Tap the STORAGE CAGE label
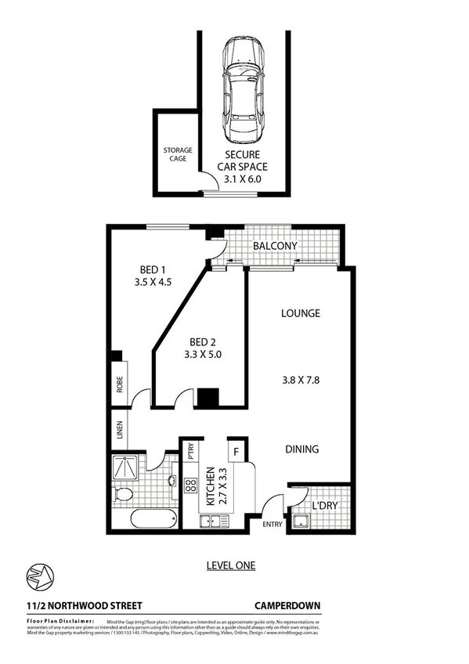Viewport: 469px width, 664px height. point(178,154)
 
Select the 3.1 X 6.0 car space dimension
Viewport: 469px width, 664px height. point(243,179)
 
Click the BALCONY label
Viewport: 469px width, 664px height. point(274,246)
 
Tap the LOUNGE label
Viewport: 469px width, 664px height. point(301,313)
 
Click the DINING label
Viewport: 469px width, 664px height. point(301,449)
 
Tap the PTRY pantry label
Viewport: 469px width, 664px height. point(189,453)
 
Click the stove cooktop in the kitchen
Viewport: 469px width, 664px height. point(189,485)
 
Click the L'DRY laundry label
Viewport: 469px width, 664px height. point(323,506)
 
